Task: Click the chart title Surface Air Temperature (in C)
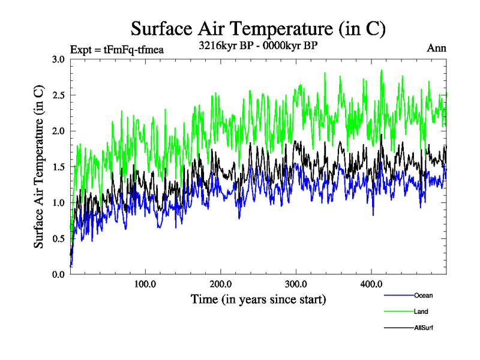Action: click(258, 28)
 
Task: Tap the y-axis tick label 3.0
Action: click(59, 59)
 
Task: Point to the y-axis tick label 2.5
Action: click(59, 95)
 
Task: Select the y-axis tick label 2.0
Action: click(59, 131)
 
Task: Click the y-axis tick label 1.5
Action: click(59, 167)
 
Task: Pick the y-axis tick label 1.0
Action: click(59, 203)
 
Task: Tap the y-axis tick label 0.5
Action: click(59, 238)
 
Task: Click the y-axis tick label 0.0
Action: click(59, 274)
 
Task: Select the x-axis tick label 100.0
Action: click(145, 284)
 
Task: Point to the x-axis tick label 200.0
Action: click(221, 284)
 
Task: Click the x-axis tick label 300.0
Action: click(296, 284)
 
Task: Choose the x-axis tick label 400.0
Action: click(371, 284)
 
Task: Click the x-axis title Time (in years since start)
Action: click(258, 299)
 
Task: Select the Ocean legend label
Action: click(423, 295)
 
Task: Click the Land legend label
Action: click(421, 311)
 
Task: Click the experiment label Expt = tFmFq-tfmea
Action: click(117, 49)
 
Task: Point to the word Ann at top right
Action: click(436, 48)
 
